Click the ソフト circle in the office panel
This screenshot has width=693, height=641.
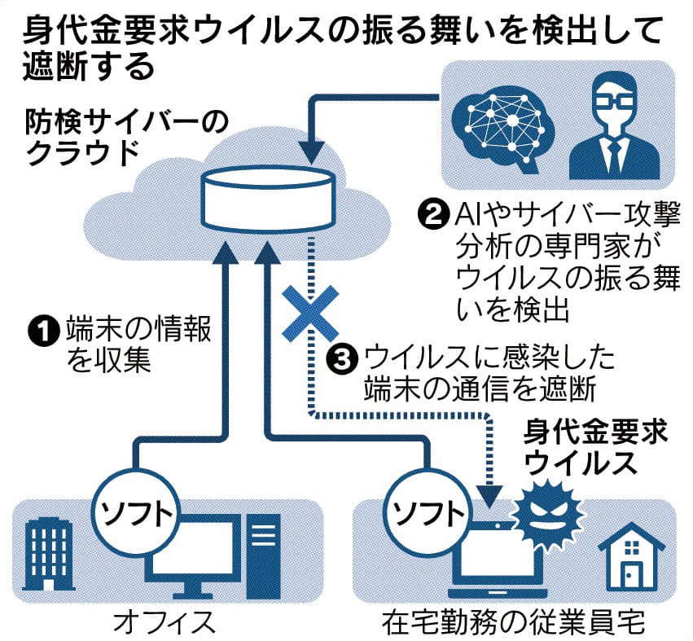[x=135, y=512]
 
